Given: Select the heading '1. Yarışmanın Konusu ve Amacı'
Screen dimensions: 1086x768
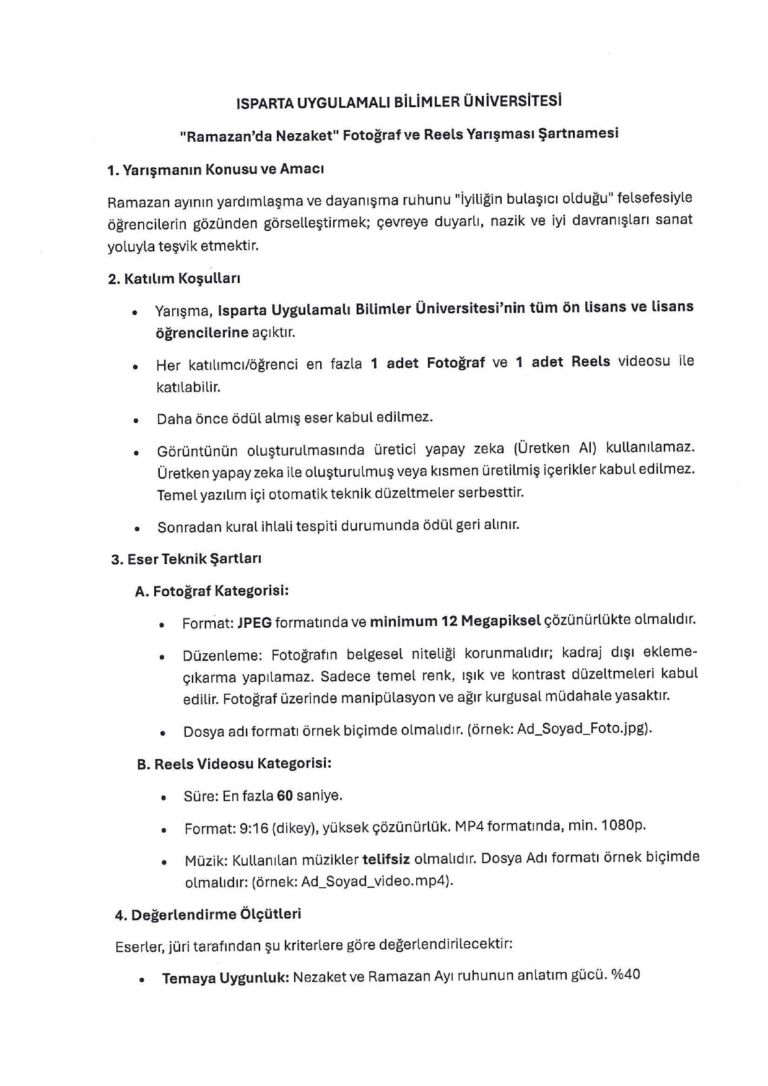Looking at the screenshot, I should (x=216, y=170).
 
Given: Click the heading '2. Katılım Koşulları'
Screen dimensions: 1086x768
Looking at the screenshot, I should (x=174, y=279).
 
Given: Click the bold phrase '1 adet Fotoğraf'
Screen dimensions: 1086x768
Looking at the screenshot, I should (x=427, y=363).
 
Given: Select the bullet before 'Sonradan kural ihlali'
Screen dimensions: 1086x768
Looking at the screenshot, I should (x=136, y=529).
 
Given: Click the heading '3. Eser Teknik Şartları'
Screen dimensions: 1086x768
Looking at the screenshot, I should (x=186, y=559).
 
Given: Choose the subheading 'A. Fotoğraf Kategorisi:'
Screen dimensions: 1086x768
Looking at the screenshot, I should (x=212, y=591).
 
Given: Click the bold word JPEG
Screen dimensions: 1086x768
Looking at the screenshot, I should (x=255, y=623).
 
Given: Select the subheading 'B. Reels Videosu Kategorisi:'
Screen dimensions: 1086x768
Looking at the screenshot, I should (x=234, y=764).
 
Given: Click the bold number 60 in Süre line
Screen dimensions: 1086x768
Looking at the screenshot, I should (x=285, y=796).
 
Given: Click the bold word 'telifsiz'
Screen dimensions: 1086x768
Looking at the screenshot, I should (x=386, y=859).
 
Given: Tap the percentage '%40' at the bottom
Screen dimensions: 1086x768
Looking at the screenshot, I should (x=626, y=975).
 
